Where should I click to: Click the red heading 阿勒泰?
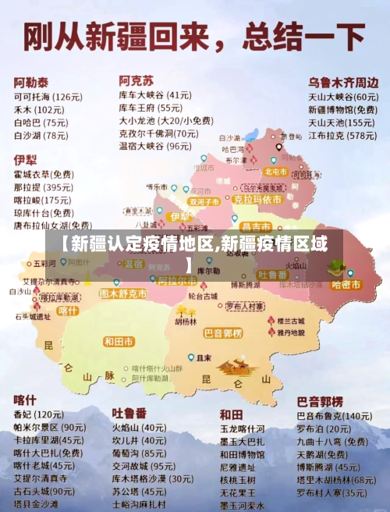click(x=31, y=81)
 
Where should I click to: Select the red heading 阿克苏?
click(x=136, y=80)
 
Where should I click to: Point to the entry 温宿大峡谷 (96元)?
click(x=154, y=146)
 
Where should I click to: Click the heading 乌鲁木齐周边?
click(x=342, y=81)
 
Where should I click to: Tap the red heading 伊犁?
click(x=25, y=159)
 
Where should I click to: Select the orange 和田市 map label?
click(x=119, y=341)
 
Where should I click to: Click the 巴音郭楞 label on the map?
click(x=223, y=333)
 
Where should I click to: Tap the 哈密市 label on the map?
click(x=346, y=285)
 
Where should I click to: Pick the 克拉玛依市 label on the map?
click(x=254, y=199)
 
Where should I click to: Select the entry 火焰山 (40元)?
click(x=138, y=428)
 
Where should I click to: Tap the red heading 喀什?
click(x=25, y=399)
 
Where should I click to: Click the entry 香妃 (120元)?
click(x=38, y=414)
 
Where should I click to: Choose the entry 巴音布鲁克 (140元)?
click(x=335, y=416)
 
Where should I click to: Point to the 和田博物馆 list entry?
click(x=242, y=454)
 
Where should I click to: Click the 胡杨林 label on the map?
click(x=186, y=321)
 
